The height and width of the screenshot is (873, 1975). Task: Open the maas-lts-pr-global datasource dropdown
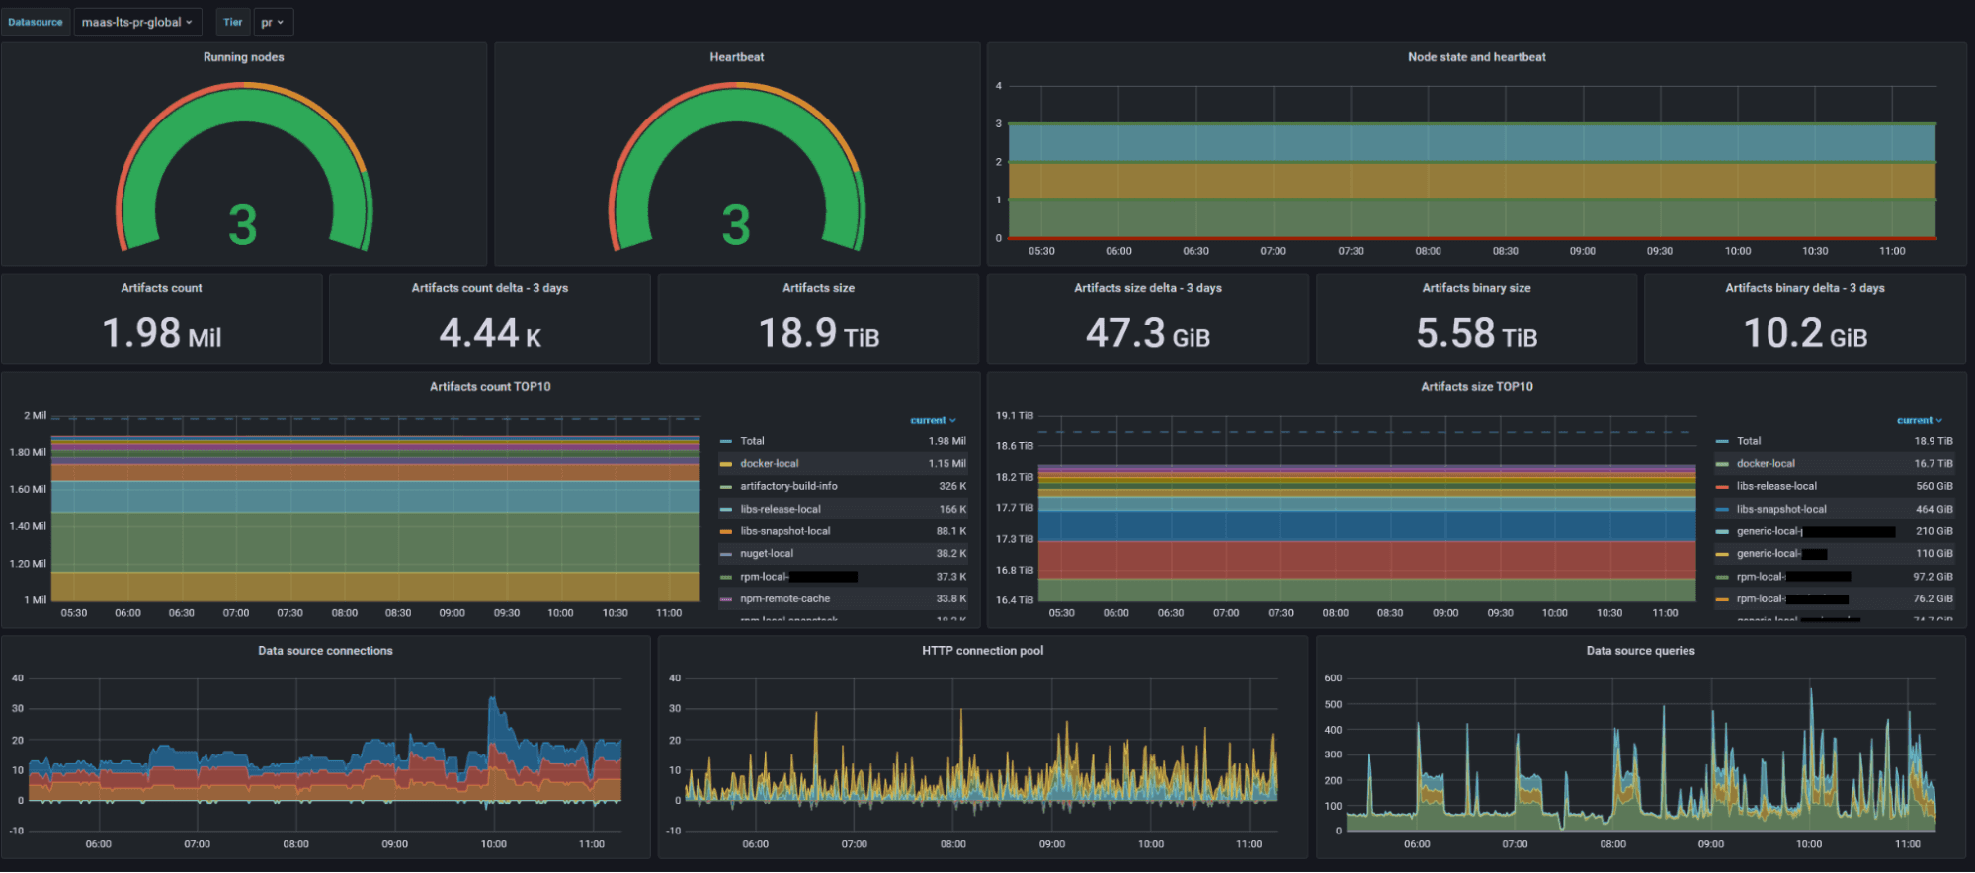136,22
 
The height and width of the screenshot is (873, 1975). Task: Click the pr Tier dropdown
272,22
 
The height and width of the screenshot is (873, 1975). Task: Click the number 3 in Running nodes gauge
243,225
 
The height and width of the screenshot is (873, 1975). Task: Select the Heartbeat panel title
736,57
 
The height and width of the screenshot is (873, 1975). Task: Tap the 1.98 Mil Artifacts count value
162,333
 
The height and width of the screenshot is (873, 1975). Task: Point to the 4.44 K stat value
490,333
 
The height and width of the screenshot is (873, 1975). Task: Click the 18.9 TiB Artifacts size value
818,333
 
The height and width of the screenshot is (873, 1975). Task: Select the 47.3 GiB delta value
1147,333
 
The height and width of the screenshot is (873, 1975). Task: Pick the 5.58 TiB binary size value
1476,333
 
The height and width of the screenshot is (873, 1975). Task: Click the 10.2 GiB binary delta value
1805,333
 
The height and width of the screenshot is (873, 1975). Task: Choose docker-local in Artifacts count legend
770,464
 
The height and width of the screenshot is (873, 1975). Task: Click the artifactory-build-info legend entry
788,486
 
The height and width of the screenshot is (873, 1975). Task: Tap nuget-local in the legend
767,554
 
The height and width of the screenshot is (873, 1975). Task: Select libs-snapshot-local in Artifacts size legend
1781,510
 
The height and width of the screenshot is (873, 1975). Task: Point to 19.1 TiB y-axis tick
1014,416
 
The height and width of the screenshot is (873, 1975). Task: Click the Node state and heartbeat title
1476,57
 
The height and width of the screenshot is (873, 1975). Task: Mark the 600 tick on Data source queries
1333,678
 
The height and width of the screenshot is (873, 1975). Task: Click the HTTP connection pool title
982,651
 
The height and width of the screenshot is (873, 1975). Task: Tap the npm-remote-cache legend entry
784,599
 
